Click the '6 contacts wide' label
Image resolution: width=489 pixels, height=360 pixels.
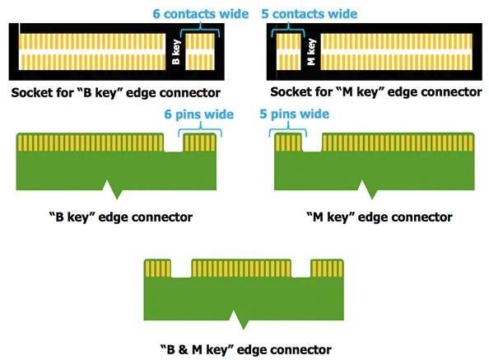(201, 14)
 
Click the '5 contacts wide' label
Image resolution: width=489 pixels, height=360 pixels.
(309, 14)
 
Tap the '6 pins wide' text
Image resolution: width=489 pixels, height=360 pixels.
(199, 115)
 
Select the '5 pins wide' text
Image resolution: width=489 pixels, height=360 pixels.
(295, 114)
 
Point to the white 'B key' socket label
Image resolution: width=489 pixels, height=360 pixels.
(176, 52)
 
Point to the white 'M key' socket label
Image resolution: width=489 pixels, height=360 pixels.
(311, 52)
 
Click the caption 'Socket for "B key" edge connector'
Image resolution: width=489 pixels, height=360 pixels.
(116, 92)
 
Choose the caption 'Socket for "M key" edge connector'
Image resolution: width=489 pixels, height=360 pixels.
(376, 92)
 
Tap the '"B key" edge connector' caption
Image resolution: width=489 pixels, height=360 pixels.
(121, 217)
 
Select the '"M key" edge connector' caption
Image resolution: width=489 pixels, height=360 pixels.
(380, 217)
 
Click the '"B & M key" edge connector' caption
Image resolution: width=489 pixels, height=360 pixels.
(246, 349)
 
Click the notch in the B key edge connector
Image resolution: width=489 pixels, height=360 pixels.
(174, 143)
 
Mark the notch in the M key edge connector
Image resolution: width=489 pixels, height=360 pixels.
(312, 143)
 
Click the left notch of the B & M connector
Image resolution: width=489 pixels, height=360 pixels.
(181, 269)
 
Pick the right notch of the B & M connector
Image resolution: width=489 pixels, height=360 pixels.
(301, 269)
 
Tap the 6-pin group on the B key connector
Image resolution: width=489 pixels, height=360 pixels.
(199, 143)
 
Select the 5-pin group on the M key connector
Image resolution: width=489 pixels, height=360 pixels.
(288, 143)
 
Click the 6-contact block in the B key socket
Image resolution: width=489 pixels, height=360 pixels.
(200, 52)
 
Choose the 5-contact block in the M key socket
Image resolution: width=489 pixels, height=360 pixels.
(288, 52)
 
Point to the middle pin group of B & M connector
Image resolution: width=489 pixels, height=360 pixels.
(241, 269)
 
